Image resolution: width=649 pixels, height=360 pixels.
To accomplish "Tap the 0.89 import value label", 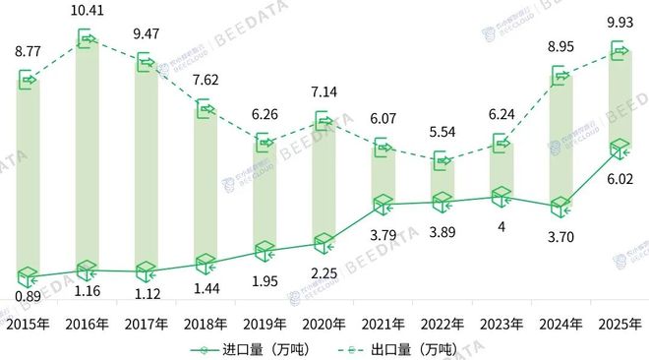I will coord(27,295).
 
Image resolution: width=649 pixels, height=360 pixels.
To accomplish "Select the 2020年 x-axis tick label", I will coord(324,323).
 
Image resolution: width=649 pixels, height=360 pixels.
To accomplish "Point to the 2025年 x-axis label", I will coord(619,323).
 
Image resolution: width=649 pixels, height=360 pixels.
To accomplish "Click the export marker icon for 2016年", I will coord(87,40).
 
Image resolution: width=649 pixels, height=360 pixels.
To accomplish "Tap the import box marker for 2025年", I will coord(619,150).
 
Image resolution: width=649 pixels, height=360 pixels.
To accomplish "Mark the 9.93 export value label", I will coord(619,21).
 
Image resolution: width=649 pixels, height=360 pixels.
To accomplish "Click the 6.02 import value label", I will coord(619,179).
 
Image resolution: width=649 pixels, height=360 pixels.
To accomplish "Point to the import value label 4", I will coord(501,227).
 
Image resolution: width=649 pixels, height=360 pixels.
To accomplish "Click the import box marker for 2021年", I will coord(383,205).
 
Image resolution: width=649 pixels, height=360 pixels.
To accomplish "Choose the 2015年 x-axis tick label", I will coord(27,323).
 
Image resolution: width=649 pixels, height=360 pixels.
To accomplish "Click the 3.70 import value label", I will coord(560,236).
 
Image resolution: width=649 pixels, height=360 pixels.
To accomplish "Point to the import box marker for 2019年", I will coord(265,251).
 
